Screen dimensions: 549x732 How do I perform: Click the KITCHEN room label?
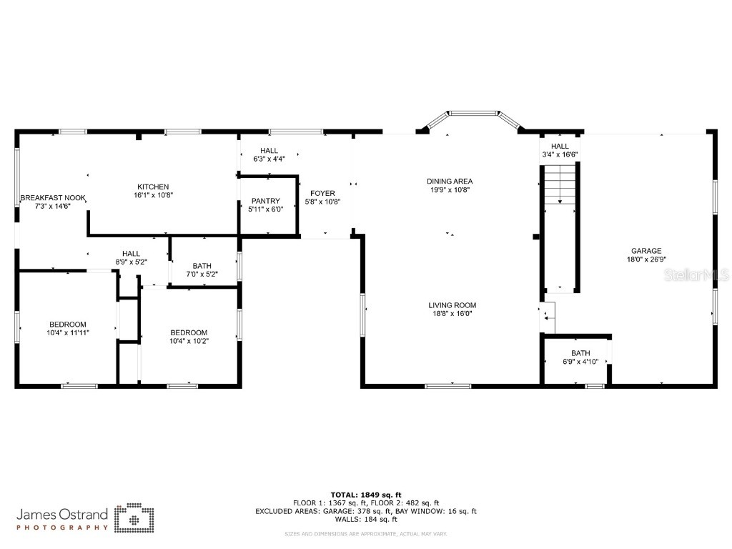[x=154, y=187]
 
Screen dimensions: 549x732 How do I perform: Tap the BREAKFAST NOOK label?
[x=53, y=197]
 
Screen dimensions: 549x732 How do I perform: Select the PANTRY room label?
[x=265, y=201]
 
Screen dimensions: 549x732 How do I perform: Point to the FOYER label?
[x=322, y=193]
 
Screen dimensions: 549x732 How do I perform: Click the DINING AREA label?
[x=450, y=182]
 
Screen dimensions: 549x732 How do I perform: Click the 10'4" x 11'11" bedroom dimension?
[x=68, y=332]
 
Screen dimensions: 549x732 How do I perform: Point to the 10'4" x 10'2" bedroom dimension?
[x=189, y=341]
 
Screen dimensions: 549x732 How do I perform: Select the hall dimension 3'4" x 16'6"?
[x=560, y=154]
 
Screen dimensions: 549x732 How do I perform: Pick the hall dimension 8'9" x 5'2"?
[x=131, y=262]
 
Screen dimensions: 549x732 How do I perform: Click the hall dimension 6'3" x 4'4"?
[x=269, y=159]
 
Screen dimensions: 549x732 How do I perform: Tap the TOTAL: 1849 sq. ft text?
[x=366, y=495]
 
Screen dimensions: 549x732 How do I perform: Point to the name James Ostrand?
[x=62, y=514]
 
